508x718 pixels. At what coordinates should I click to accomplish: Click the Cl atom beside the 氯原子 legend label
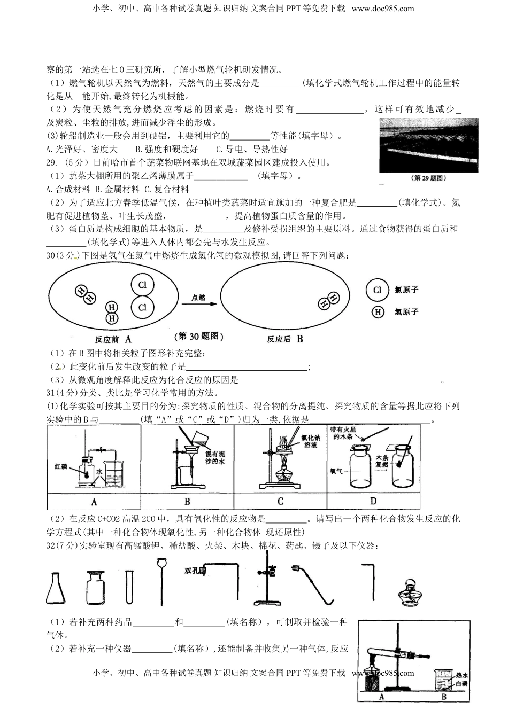(x=377, y=290)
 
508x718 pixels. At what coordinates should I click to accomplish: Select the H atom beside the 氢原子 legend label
(x=378, y=312)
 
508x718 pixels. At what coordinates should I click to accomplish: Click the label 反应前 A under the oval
(x=113, y=339)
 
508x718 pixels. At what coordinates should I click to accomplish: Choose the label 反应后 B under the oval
(x=285, y=339)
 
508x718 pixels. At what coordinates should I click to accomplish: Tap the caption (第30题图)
(x=199, y=336)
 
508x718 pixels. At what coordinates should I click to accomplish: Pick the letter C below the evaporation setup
(x=280, y=501)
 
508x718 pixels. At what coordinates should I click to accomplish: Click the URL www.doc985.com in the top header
(x=383, y=8)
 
